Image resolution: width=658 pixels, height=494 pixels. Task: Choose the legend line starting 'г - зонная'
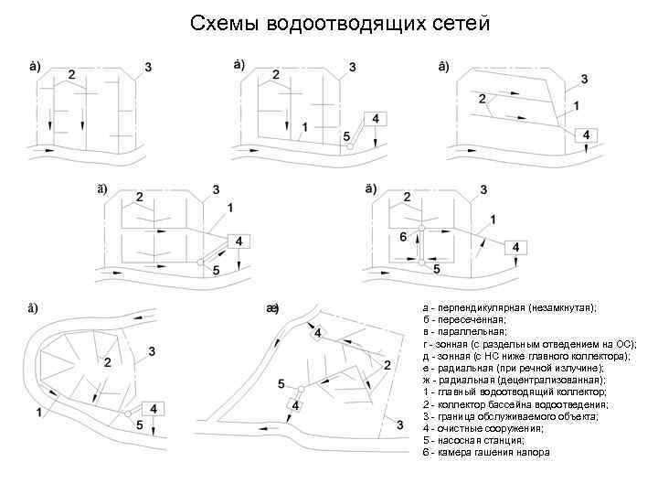529,344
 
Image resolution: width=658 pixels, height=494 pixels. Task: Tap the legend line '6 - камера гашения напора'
485,453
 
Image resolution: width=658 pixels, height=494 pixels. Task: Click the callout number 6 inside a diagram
403,238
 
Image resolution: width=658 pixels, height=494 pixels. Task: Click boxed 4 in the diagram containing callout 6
516,248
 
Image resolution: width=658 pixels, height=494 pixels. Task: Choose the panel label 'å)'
32,307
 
